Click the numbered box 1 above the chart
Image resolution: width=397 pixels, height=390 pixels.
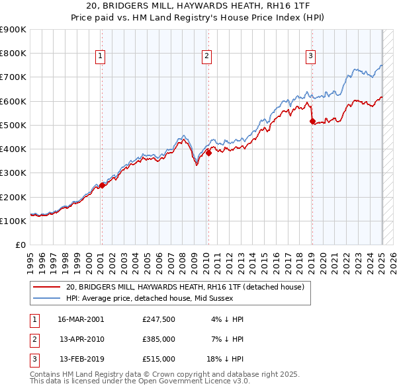pos(100,57)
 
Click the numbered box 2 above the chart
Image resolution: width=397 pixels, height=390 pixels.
pos(206,57)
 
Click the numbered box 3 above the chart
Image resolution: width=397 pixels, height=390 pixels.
pos(310,57)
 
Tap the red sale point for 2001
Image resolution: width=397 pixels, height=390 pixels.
pos(103,185)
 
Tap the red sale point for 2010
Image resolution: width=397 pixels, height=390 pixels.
pos(208,153)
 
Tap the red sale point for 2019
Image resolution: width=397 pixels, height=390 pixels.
pos(312,121)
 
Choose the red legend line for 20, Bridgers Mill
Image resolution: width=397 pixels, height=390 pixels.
pos(46,288)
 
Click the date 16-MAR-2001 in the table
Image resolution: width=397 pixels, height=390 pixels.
pos(81,319)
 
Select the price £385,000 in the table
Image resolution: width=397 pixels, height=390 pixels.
pos(158,339)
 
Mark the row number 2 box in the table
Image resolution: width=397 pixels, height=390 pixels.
pos(33,339)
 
